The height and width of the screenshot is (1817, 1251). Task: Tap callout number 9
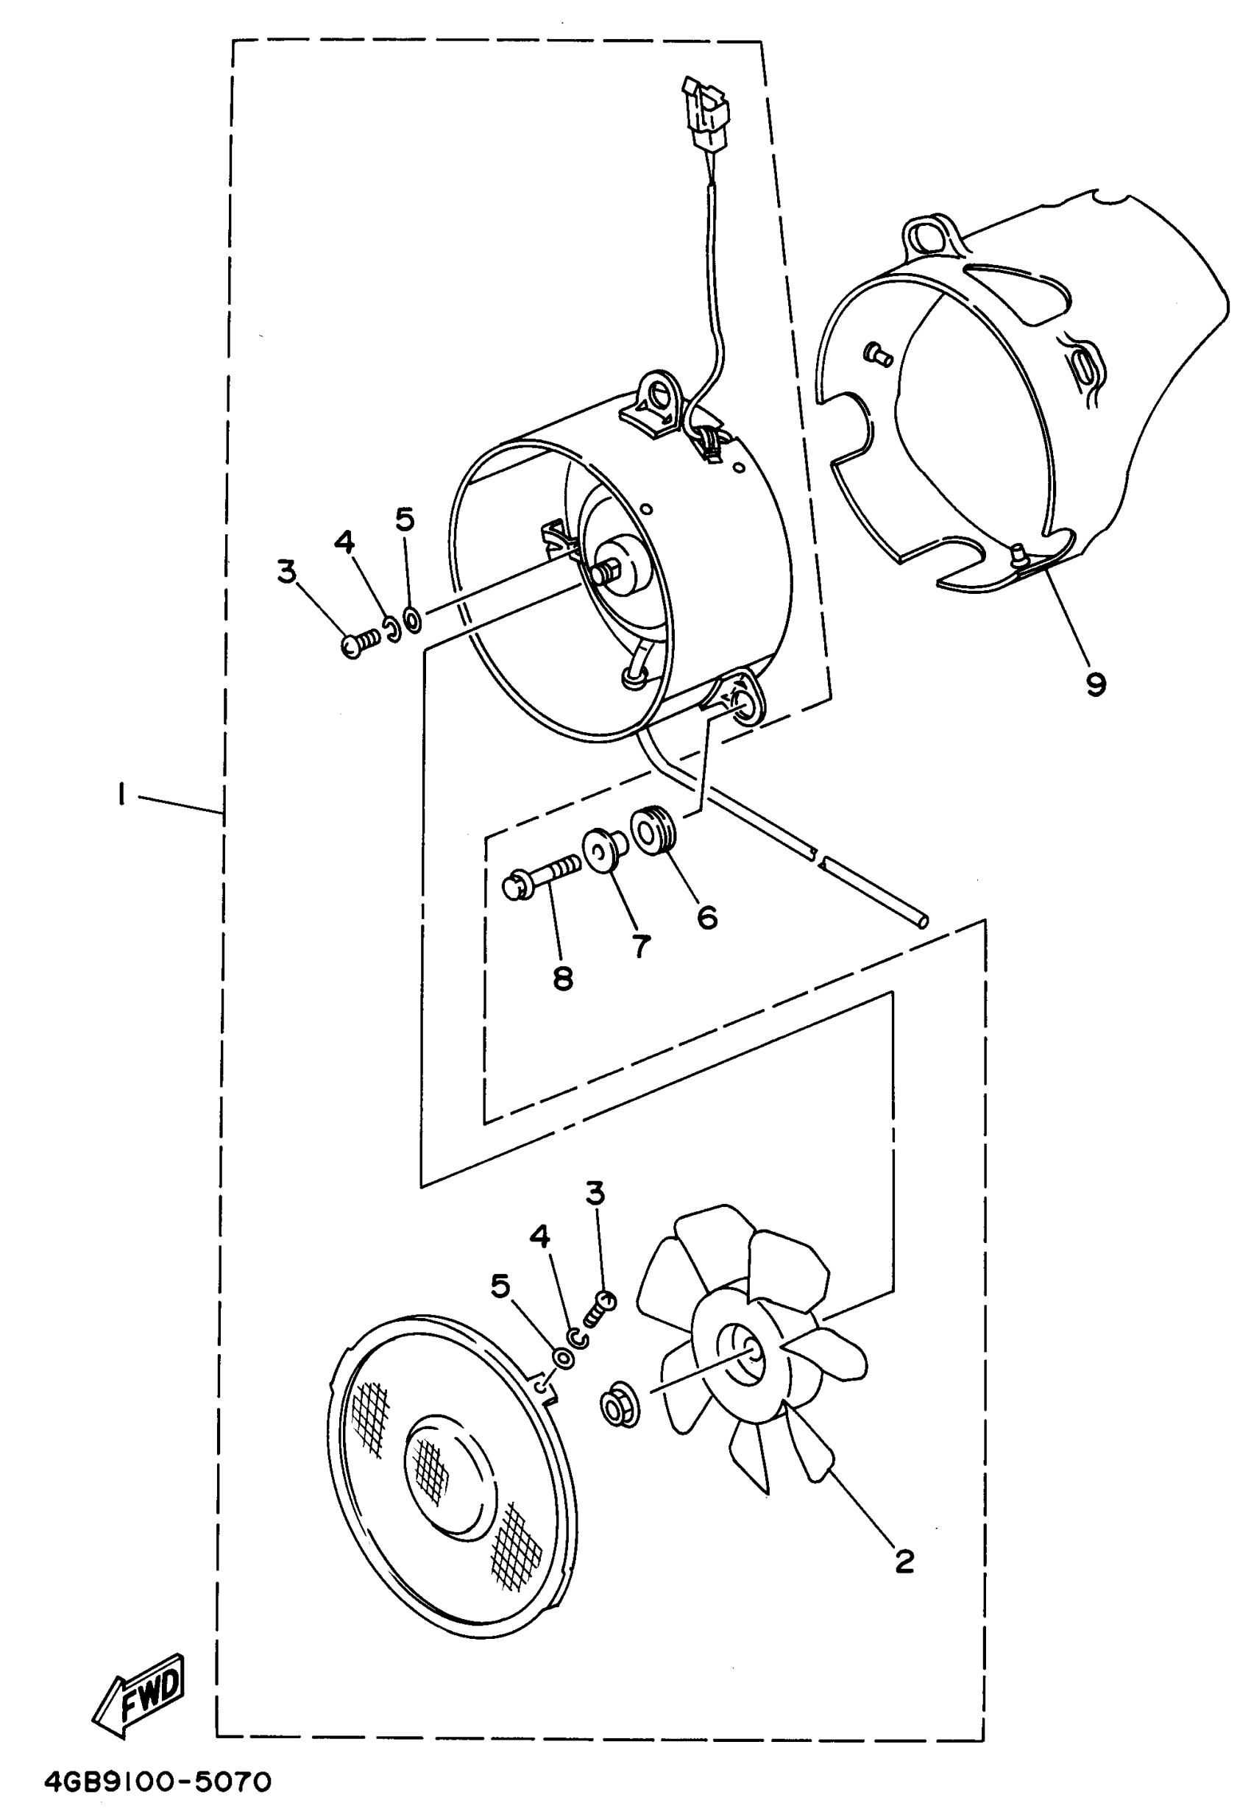pyautogui.click(x=1096, y=684)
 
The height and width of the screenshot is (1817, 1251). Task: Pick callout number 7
pyautogui.click(x=641, y=946)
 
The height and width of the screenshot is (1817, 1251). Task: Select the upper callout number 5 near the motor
pyautogui.click(x=405, y=519)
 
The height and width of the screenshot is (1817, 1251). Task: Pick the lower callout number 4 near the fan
pyautogui.click(x=540, y=1236)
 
